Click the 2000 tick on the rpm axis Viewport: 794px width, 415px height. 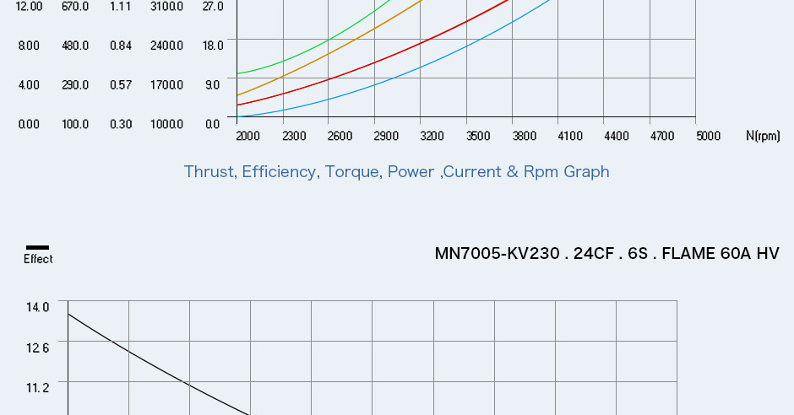[247, 136]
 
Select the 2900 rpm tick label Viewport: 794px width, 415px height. [385, 136]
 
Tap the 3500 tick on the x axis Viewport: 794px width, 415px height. [478, 136]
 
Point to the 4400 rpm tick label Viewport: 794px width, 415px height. [616, 136]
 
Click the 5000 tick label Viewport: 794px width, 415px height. [708, 136]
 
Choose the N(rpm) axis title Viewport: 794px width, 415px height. [763, 136]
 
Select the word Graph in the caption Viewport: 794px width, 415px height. [586, 172]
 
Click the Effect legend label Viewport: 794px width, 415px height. [38, 260]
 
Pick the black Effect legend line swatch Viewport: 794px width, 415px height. [38, 248]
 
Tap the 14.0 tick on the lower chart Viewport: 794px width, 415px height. [38, 307]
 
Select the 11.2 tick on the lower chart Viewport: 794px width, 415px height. [38, 387]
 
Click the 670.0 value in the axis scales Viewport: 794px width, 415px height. [75, 7]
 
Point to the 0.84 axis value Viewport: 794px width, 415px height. [121, 46]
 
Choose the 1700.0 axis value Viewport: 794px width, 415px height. [166, 85]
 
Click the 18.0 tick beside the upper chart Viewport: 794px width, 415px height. [213, 46]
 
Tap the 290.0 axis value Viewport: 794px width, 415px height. [75, 85]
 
